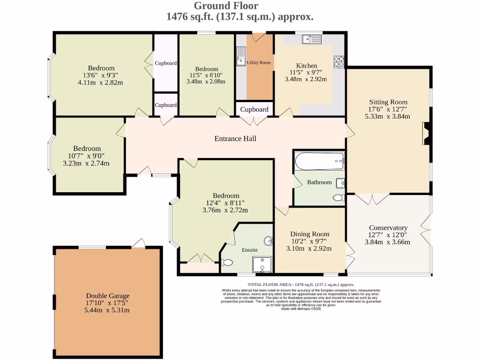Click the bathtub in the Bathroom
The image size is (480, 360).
pyautogui.click(x=319, y=162)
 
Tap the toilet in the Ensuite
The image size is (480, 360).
pyautogui.click(x=226, y=262)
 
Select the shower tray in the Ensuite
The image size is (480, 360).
pyautogui.click(x=262, y=264)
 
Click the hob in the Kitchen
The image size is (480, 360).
pyautogui.click(x=338, y=61)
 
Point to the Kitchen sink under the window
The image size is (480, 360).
pyautogui.click(x=311, y=39)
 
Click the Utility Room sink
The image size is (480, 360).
pyautogui.click(x=241, y=57)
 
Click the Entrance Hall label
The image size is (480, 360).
pyautogui.click(x=235, y=139)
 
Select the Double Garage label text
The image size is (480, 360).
pyautogui.click(x=108, y=296)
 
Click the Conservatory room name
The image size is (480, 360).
pyautogui.click(x=388, y=228)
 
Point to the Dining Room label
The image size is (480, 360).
pyautogui.click(x=309, y=234)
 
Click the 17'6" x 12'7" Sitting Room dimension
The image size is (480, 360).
pyautogui.click(x=388, y=109)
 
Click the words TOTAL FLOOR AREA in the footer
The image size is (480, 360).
pyautogui.click(x=269, y=285)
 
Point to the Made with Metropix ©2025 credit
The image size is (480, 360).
pyautogui.click(x=300, y=309)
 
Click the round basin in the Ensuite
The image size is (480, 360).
pyautogui.click(x=268, y=242)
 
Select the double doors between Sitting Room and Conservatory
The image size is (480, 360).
pyautogui.click(x=371, y=199)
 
